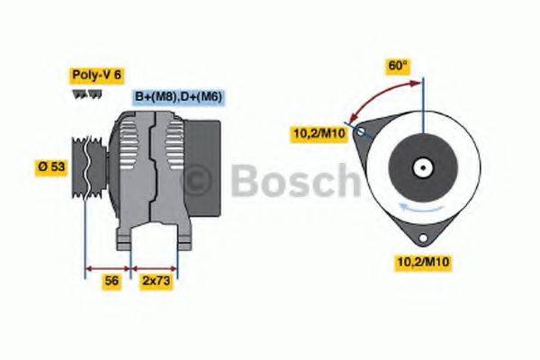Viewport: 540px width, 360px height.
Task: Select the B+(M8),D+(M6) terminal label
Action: [179, 97]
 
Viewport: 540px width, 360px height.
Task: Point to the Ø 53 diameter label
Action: [52, 166]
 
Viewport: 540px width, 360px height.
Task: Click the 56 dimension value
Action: [112, 281]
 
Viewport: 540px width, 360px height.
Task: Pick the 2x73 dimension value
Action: [156, 281]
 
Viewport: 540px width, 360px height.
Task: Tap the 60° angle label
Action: [398, 66]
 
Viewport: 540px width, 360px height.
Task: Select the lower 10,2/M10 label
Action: [423, 262]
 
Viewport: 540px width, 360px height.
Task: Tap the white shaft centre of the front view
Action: [420, 166]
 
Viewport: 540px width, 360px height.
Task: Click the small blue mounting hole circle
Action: [362, 131]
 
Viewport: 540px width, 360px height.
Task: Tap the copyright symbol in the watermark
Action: [196, 180]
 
